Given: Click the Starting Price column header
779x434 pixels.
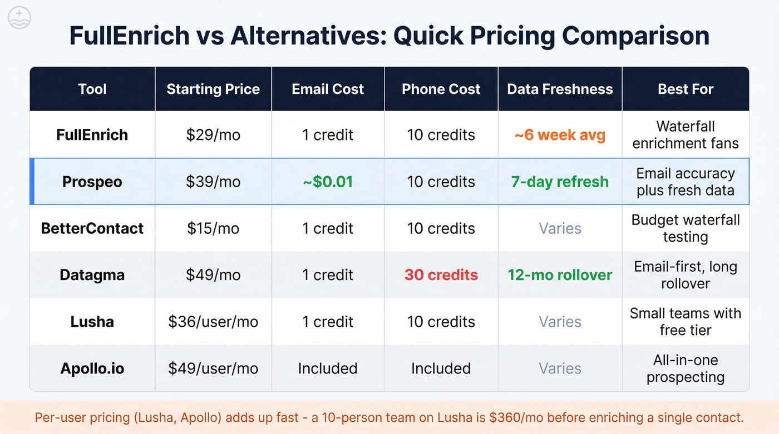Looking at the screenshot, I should coord(213,89).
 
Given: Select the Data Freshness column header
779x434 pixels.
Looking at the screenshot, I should coord(560,89).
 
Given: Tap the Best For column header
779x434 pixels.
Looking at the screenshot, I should coord(686,89).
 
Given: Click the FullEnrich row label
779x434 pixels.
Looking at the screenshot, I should coord(92,135).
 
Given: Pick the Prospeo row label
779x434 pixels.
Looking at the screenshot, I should coord(92,182).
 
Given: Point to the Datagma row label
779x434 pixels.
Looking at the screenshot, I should coord(92,275).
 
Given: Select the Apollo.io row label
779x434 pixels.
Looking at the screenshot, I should coord(92,368).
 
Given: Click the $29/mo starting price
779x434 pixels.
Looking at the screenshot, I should coord(213,135).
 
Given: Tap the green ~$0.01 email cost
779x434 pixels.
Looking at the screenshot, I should coord(328,182).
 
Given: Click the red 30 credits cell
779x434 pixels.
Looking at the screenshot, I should coord(441,275).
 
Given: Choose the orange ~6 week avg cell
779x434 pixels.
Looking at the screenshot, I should coord(560,135).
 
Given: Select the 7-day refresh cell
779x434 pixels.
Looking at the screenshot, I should coord(560,182).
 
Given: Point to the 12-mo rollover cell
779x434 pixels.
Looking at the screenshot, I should coord(560,275).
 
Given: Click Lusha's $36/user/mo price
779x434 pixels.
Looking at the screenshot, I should coord(213,322).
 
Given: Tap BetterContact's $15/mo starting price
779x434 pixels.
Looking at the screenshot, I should coord(213,228).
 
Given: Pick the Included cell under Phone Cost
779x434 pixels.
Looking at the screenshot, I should coord(441,368).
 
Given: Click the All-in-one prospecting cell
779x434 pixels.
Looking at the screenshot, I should coord(686,368).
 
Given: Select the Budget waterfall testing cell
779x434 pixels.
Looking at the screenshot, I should coord(686,228).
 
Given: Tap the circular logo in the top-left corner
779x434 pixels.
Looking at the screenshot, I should coord(19,18).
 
